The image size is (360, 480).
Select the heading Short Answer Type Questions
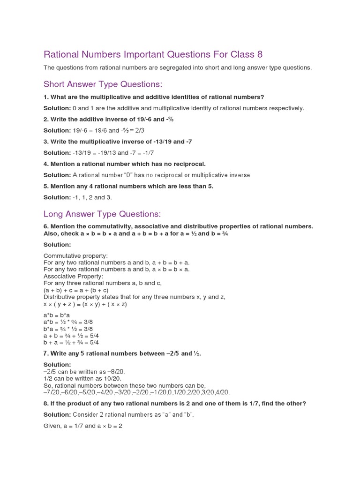pos(103,84)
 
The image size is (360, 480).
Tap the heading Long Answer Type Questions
pos(102,214)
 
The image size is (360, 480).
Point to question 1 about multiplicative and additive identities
pos(154,97)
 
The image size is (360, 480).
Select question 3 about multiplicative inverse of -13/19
pos(118,142)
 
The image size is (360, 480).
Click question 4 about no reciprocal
pos(125,164)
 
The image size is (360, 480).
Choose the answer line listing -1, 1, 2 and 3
pos(78,198)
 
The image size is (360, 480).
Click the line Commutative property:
pos(75,256)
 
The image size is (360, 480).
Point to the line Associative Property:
pos(73,277)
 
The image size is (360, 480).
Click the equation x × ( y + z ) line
pos(85,304)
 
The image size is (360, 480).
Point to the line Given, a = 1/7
pos(83,427)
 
